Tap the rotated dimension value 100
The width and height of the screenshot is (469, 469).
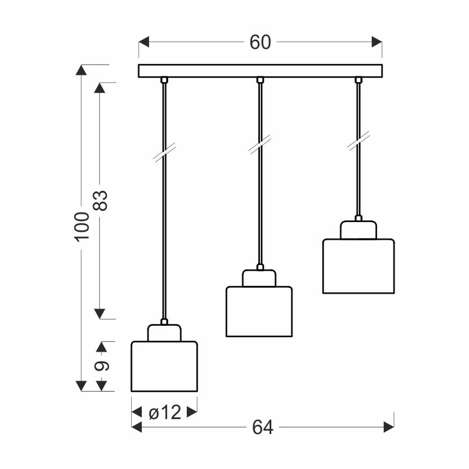coord(82,226)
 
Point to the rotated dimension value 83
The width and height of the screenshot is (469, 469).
coord(101,200)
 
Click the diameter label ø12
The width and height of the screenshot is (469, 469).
coord(164,413)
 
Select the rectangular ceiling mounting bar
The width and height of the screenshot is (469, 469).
coord(260,71)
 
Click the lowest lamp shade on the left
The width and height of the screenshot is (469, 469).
coord(164,366)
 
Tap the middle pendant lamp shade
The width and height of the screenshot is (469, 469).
coord(258,312)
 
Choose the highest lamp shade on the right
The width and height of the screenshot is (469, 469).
coord(358,266)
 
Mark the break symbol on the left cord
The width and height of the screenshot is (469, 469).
coord(164,154)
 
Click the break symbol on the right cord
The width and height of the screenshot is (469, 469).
coord(358,142)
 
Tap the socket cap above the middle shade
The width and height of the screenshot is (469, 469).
coord(259,278)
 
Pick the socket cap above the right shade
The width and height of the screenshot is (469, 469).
coord(358,230)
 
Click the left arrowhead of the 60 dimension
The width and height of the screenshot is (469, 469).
coord(143,42)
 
